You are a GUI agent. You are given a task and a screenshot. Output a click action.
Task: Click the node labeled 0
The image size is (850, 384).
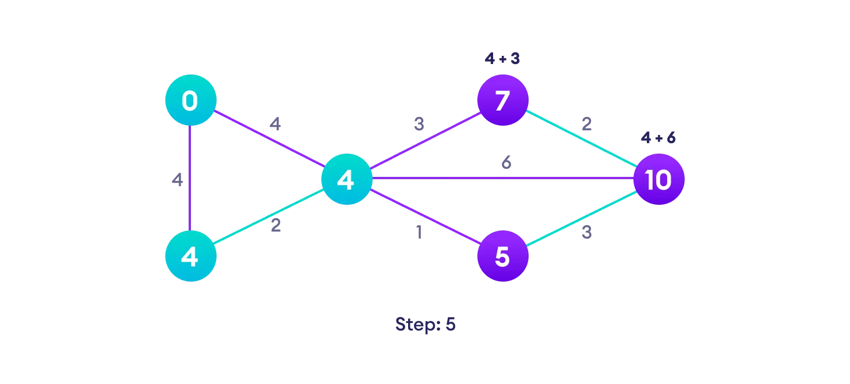(190, 100)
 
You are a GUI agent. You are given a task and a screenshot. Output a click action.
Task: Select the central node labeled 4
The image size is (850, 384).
(346, 179)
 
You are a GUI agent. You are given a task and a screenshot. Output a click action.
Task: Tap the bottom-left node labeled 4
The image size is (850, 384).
(190, 256)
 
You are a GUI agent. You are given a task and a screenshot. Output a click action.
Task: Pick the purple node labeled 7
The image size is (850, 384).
(502, 100)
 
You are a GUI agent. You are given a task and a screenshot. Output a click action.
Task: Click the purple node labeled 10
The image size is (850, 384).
(658, 179)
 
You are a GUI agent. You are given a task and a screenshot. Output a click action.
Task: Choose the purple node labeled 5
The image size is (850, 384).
(502, 256)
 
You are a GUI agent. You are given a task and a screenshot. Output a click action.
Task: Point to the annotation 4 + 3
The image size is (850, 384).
(502, 58)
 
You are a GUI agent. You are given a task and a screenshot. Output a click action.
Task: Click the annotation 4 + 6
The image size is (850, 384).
(658, 138)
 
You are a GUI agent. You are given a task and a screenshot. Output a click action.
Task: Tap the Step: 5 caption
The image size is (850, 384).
(425, 324)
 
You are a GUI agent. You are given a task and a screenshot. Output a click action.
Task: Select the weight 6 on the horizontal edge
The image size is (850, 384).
(507, 163)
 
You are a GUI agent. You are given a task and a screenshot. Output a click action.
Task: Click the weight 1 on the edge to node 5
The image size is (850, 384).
(418, 232)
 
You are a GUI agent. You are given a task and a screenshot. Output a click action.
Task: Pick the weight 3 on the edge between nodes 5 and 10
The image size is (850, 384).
(586, 233)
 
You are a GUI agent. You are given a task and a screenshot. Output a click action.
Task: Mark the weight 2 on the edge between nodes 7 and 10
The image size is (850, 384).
(586, 124)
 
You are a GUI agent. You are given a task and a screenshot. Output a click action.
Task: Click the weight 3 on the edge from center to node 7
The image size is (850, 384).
(419, 124)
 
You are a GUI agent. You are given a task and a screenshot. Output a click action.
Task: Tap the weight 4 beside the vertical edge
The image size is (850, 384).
(177, 180)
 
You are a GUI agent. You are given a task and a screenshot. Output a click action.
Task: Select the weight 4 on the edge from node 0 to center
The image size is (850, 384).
(275, 124)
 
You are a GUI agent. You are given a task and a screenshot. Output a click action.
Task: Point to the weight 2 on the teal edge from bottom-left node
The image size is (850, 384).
(275, 225)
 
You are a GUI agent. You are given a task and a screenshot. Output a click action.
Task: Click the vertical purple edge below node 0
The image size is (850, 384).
(190, 175)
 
